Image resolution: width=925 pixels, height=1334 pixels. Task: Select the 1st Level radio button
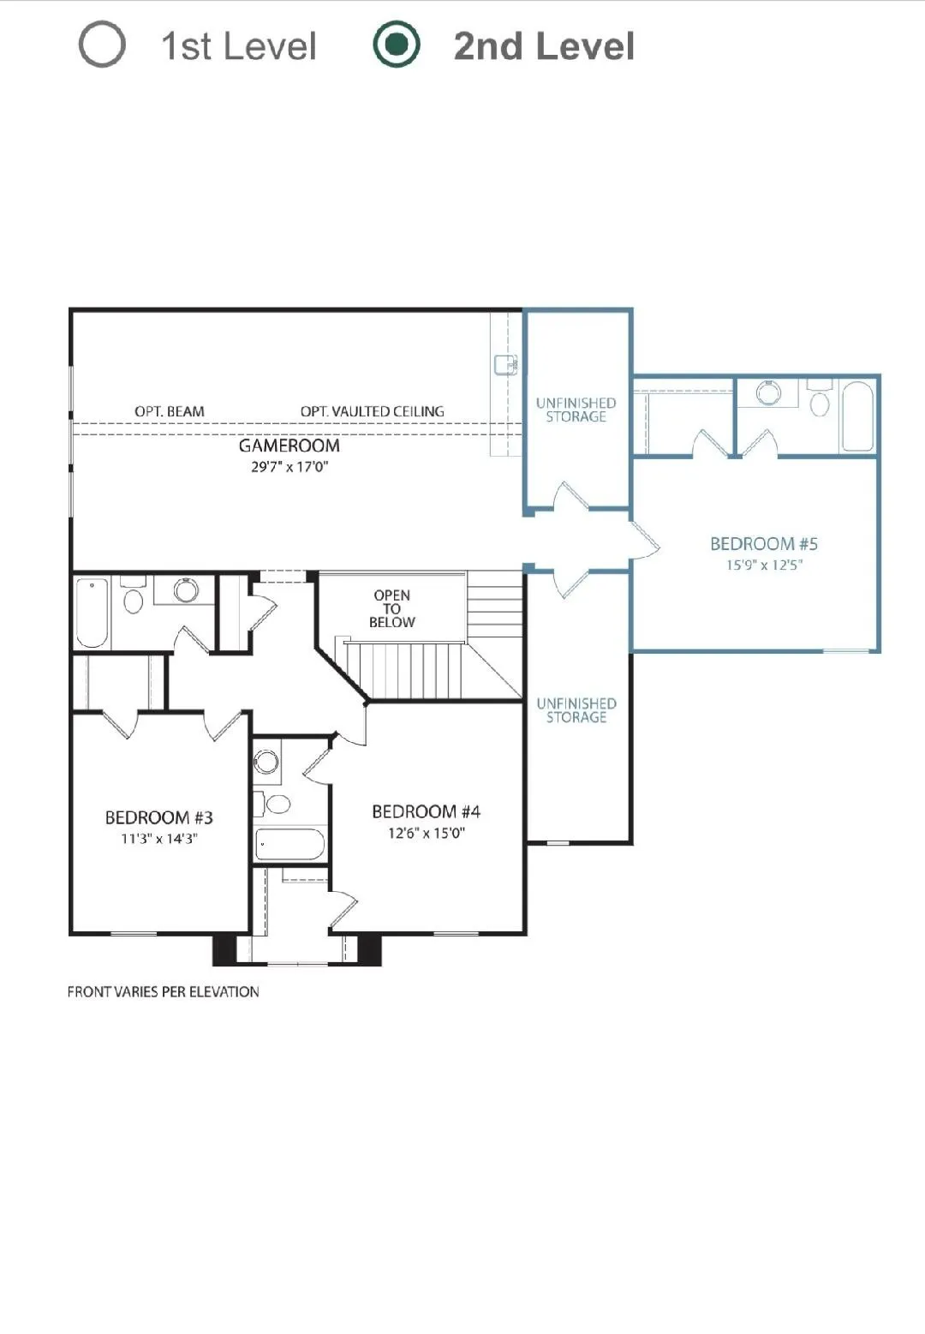point(102,45)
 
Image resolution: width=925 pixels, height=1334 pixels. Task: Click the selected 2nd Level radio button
point(397,45)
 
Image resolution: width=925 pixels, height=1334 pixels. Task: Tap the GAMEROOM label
point(289,446)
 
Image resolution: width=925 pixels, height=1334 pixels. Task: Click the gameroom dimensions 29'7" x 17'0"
point(289,466)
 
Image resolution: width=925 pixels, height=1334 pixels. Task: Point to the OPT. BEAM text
point(170,411)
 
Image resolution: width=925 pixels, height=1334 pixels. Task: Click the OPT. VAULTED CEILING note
point(372,411)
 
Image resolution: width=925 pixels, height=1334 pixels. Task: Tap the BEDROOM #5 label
point(764,544)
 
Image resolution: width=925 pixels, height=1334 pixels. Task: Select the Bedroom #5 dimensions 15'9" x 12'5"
point(764,565)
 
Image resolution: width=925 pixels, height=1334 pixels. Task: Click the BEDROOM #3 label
point(159,817)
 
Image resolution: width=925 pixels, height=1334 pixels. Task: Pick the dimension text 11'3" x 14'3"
point(159,839)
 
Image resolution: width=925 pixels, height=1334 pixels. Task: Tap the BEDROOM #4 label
point(427,811)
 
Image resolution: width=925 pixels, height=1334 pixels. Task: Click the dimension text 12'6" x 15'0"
point(427,833)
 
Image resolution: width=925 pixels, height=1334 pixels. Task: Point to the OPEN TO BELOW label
point(391,608)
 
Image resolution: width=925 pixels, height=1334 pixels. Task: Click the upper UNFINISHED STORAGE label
point(576,410)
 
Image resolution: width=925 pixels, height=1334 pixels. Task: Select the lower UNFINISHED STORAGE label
point(576,710)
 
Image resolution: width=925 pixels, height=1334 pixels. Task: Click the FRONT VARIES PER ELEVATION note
point(163,992)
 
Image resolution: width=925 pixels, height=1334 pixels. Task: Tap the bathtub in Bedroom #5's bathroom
point(857,416)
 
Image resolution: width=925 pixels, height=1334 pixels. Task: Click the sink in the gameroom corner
point(505,364)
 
